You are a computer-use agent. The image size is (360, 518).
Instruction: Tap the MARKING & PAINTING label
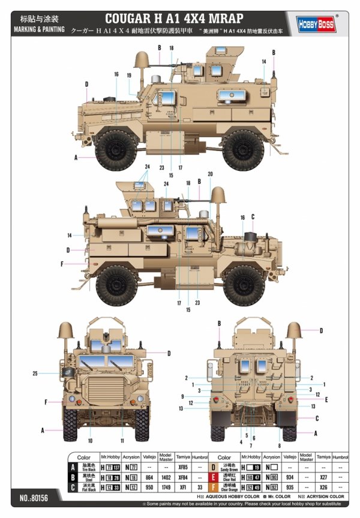click(x=38, y=29)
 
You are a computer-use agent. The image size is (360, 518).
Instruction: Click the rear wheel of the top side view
click(x=244, y=150)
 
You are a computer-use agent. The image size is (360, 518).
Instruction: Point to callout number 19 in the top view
click(x=129, y=76)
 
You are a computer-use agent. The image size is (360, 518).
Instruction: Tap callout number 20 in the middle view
click(x=210, y=174)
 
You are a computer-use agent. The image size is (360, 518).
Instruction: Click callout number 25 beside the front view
click(x=35, y=374)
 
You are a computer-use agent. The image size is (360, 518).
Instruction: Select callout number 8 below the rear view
click(x=279, y=445)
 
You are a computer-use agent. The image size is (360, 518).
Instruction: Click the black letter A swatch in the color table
click(x=73, y=465)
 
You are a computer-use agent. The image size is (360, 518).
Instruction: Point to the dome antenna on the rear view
click(x=293, y=329)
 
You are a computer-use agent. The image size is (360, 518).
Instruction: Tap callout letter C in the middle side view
click(x=253, y=216)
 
